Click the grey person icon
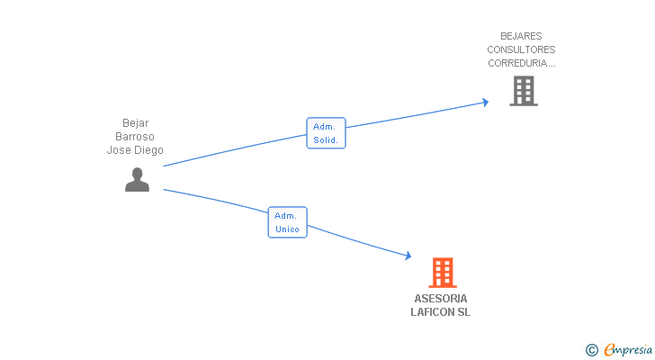137,179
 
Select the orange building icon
442,272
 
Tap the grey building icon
523,90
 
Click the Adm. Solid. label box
326,133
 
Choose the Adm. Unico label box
287,222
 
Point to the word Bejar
135,123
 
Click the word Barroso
135,137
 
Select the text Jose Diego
135,150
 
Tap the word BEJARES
522,37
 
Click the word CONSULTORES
522,50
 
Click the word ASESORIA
441,299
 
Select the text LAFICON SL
441,312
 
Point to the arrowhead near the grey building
485,102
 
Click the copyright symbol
591,350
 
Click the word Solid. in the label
326,140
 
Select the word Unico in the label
287,229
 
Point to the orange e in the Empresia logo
609,350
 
